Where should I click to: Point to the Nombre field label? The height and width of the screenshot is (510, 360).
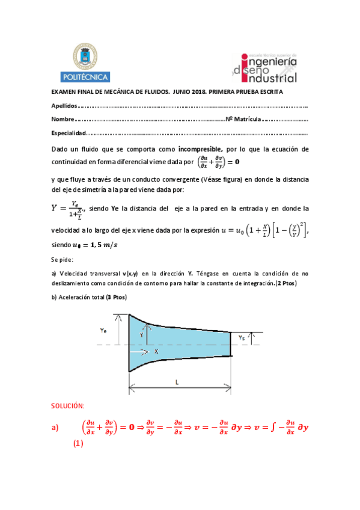(63, 119)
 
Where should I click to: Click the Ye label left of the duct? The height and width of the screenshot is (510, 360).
(103, 330)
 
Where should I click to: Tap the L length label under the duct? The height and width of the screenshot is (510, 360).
(177, 382)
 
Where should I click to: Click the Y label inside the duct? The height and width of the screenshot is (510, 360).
(142, 334)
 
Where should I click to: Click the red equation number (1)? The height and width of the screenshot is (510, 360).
(77, 444)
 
